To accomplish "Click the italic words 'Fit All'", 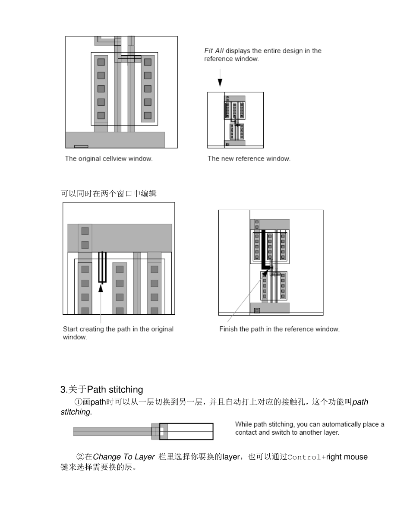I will click(x=214, y=51).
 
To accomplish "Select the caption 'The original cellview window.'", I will click(x=109, y=158).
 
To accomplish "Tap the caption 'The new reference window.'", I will click(x=249, y=158).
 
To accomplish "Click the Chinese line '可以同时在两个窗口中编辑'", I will click(x=109, y=194).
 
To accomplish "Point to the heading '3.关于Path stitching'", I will click(x=102, y=390).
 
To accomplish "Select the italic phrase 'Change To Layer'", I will click(x=124, y=457).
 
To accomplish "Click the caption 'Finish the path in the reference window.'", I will click(x=279, y=329).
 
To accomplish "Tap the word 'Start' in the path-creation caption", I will click(x=70, y=329).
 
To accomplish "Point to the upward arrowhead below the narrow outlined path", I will click(x=101, y=288).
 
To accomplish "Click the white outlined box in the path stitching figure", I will click(x=190, y=431).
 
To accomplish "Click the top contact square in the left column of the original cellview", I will click(x=101, y=62).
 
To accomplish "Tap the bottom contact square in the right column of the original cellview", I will click(x=148, y=115).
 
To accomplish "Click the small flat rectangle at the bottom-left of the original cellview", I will click(x=81, y=146).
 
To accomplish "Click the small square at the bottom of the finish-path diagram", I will click(x=257, y=310).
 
